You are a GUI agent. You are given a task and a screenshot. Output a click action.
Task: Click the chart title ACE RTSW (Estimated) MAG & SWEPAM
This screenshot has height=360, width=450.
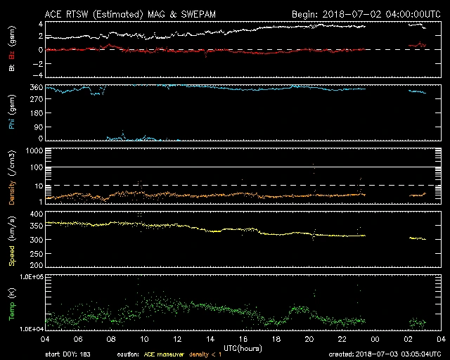[x=131, y=14]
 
